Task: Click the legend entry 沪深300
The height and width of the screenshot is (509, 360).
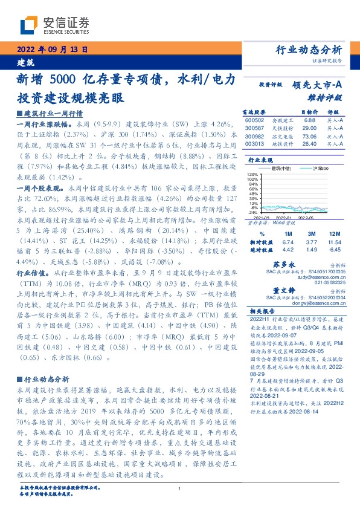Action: coord(321,167)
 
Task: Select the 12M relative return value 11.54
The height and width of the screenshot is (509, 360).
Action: coord(334,241)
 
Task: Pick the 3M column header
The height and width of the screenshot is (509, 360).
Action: coord(312,233)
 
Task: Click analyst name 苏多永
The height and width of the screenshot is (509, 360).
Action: coord(283,264)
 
